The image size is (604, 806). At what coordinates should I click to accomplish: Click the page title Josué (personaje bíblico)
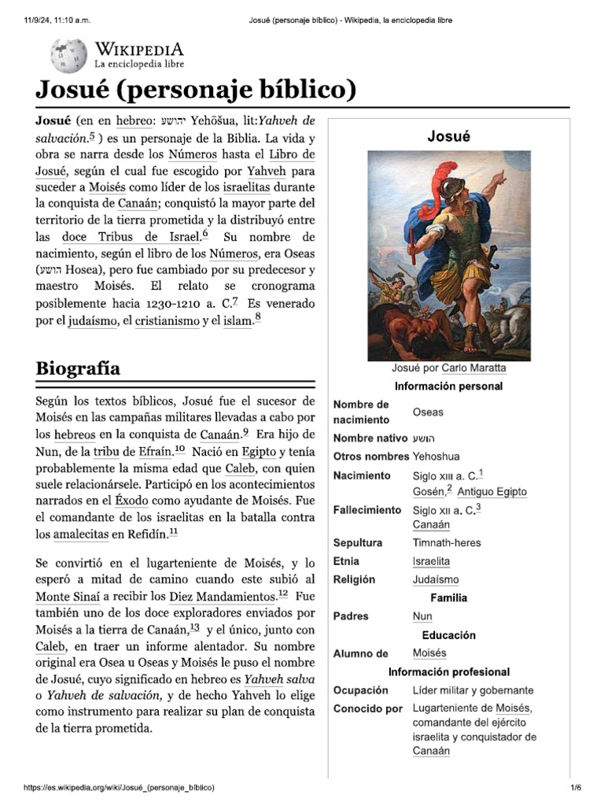196,91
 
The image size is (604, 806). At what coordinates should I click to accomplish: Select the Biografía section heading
78,368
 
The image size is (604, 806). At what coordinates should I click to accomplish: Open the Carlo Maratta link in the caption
473,368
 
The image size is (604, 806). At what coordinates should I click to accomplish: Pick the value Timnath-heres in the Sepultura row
447,542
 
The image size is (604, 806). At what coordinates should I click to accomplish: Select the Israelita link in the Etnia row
431,561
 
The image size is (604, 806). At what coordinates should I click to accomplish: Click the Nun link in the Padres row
422,616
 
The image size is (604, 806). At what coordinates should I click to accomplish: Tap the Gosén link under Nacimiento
428,492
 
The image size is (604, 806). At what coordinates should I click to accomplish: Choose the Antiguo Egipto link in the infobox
492,492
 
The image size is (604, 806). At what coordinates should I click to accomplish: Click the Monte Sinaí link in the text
68,596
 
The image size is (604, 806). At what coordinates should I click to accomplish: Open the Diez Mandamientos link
223,596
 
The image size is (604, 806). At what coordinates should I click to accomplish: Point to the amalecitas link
81,534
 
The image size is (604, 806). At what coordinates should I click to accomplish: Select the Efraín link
149,451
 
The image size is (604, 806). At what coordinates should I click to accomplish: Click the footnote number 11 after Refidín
173,533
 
